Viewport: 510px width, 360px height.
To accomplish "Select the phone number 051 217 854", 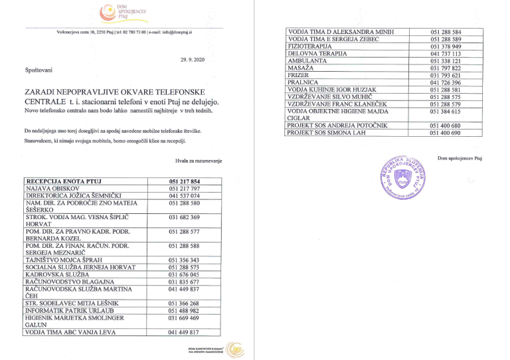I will pos(184,182).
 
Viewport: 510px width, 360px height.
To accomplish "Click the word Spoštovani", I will pos(39,70).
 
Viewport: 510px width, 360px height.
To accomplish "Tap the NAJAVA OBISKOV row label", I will pos(52,189).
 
